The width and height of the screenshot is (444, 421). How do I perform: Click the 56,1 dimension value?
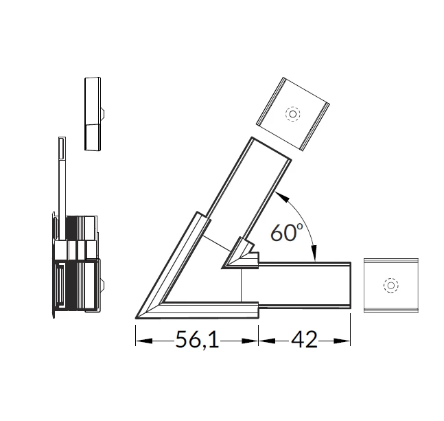coord(197,339)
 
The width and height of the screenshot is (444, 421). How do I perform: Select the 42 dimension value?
coord(305,339)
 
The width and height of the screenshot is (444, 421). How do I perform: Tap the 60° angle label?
coord(287,232)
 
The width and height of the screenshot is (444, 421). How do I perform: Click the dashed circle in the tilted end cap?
coord(293,114)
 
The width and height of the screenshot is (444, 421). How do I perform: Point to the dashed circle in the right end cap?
coord(390,285)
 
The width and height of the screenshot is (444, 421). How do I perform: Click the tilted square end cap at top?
coord(293,113)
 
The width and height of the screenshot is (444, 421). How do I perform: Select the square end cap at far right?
coord(391,286)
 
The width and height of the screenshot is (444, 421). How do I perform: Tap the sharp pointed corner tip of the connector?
coord(136,318)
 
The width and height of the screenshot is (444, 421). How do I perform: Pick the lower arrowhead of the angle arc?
coord(314,253)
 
